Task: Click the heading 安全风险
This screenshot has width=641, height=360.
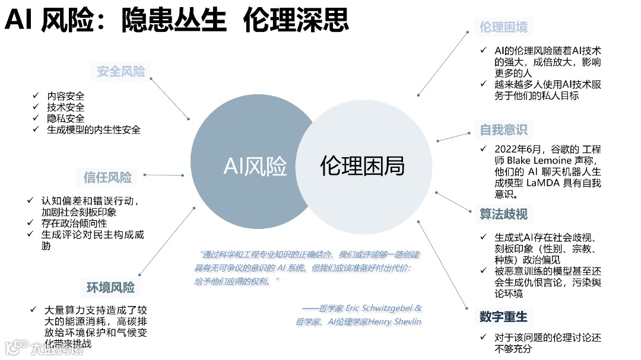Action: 121,72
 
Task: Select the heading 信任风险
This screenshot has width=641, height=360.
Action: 107,177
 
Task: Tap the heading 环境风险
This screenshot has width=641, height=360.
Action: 110,288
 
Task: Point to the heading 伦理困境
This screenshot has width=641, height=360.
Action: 503,27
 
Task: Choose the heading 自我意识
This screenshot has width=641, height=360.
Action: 503,130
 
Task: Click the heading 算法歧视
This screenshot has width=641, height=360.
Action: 503,214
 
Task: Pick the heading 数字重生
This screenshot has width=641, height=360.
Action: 503,316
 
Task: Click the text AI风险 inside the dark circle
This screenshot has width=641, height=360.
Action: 255,166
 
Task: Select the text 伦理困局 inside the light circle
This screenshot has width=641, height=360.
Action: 362,166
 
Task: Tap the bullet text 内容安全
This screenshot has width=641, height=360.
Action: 66,96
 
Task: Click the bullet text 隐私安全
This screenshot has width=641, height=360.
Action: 66,118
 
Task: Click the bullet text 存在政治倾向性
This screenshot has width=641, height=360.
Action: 74,223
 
